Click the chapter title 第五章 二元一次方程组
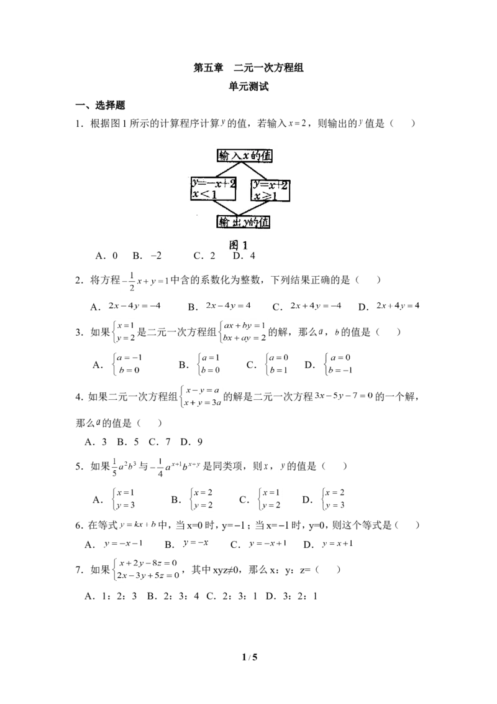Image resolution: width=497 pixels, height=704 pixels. pos(248,68)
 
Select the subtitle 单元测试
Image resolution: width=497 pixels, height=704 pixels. pos(248,86)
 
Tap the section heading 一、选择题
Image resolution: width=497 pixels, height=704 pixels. pos(101,106)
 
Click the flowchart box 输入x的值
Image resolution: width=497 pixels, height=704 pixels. pos(245,156)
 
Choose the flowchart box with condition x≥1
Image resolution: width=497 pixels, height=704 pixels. pos(270,190)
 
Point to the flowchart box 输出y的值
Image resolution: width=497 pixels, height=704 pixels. pos(244,222)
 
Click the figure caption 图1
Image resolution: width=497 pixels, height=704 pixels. pos(238,245)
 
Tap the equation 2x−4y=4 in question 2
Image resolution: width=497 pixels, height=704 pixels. pos(229,306)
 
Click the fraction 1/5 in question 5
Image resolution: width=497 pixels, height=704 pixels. pos(114,467)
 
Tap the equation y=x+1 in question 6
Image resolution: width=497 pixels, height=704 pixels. pos(337,544)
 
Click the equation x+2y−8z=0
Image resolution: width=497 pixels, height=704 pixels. pos(148,563)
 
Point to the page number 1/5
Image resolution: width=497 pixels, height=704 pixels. pos(249,658)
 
